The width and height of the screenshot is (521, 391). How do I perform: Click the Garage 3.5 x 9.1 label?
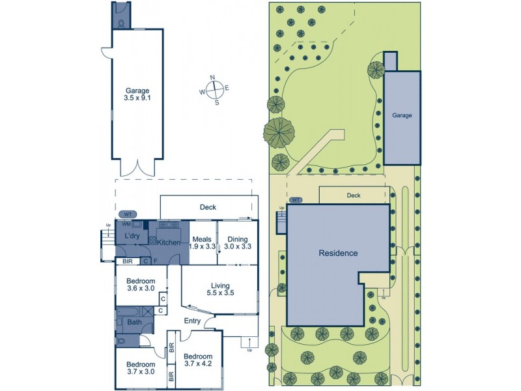click(x=137, y=94)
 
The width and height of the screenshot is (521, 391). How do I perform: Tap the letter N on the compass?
click(x=212, y=78)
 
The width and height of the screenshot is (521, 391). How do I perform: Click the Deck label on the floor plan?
click(x=208, y=207)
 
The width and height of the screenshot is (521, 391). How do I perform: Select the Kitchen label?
click(x=167, y=242)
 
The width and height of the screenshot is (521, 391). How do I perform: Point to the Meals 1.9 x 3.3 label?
click(x=202, y=242)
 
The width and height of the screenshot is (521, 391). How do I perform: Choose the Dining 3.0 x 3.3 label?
click(x=237, y=242)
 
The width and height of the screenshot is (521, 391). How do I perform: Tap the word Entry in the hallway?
click(x=192, y=321)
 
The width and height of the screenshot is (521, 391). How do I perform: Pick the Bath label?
click(x=135, y=321)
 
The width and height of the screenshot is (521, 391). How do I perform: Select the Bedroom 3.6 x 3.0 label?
click(x=140, y=285)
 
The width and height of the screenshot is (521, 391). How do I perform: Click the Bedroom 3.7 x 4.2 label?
click(x=197, y=360)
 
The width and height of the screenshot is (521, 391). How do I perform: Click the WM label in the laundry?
click(x=127, y=224)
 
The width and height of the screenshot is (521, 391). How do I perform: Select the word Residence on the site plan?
click(x=338, y=253)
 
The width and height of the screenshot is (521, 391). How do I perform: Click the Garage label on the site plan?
click(x=402, y=115)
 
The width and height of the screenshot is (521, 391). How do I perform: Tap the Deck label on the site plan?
click(x=354, y=195)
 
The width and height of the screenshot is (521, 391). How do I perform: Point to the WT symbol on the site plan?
click(x=296, y=200)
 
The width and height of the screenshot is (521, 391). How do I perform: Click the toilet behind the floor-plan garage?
click(x=121, y=23)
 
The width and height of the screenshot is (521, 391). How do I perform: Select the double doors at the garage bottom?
click(x=137, y=167)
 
